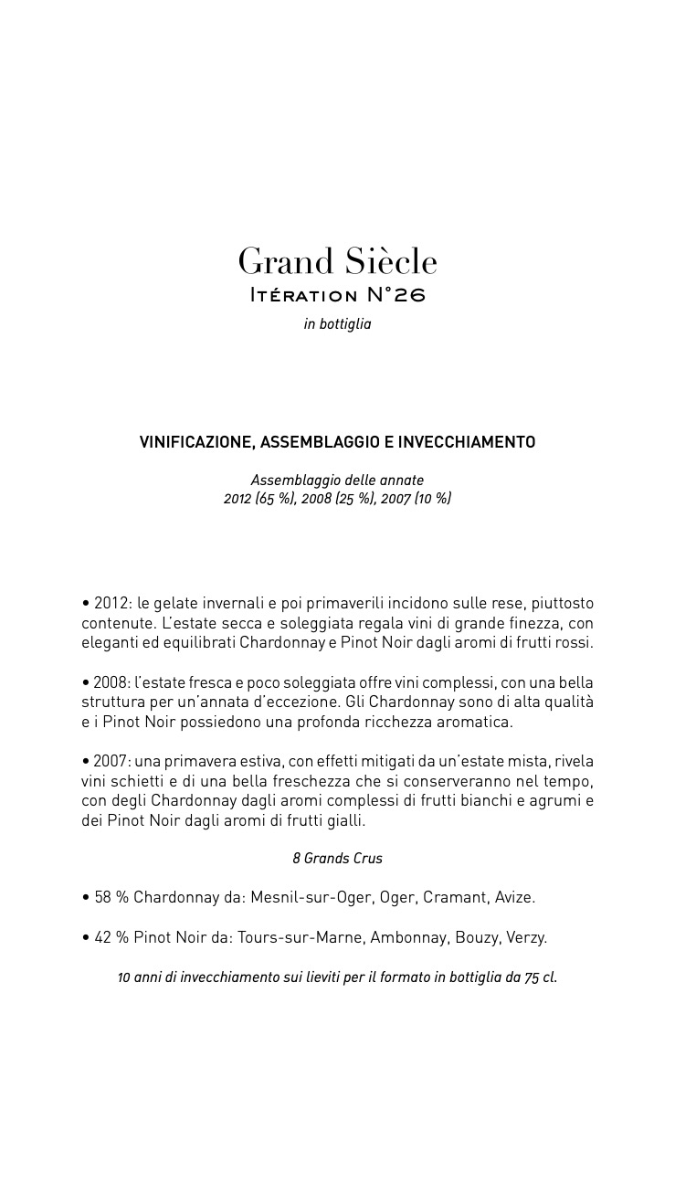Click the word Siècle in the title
388,262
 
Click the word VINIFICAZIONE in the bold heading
195,442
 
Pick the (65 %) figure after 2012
275,499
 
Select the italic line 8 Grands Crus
337,859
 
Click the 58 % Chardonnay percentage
111,897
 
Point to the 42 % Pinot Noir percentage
111,937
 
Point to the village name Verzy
527,937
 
